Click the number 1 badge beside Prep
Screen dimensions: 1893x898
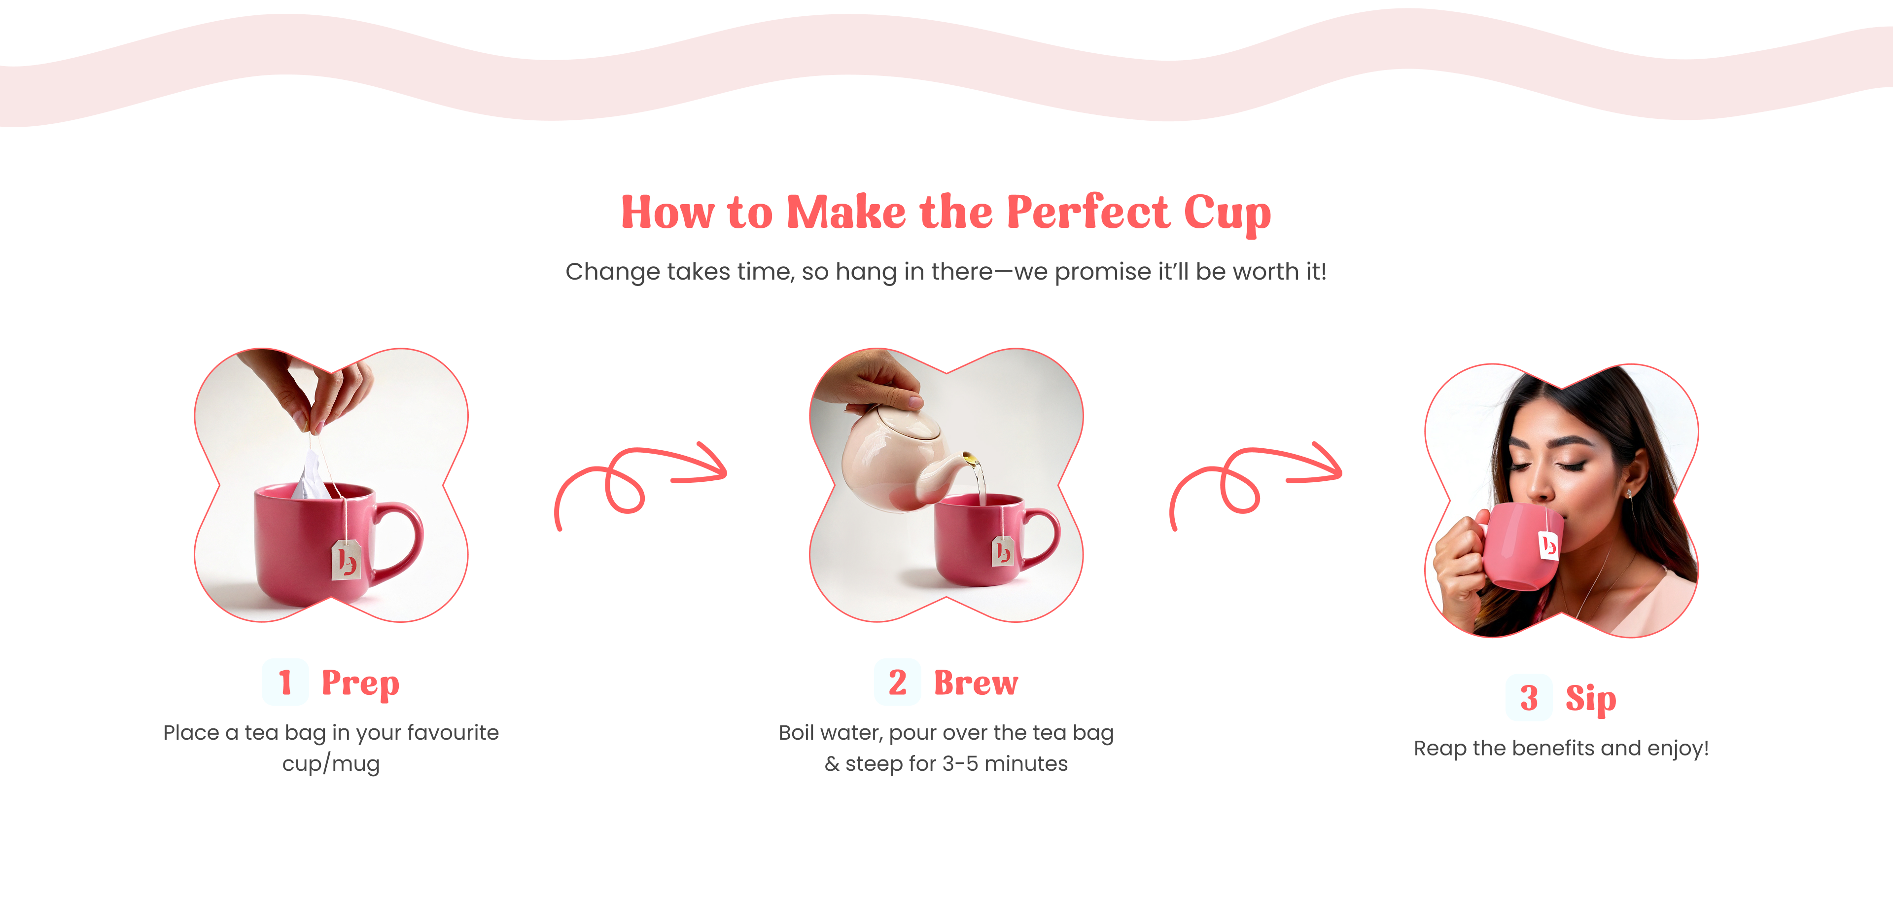285,682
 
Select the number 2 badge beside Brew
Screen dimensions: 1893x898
897,682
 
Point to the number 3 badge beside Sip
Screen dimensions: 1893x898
1529,697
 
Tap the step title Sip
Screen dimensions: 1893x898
1591,699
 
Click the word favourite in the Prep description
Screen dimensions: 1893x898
453,733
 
